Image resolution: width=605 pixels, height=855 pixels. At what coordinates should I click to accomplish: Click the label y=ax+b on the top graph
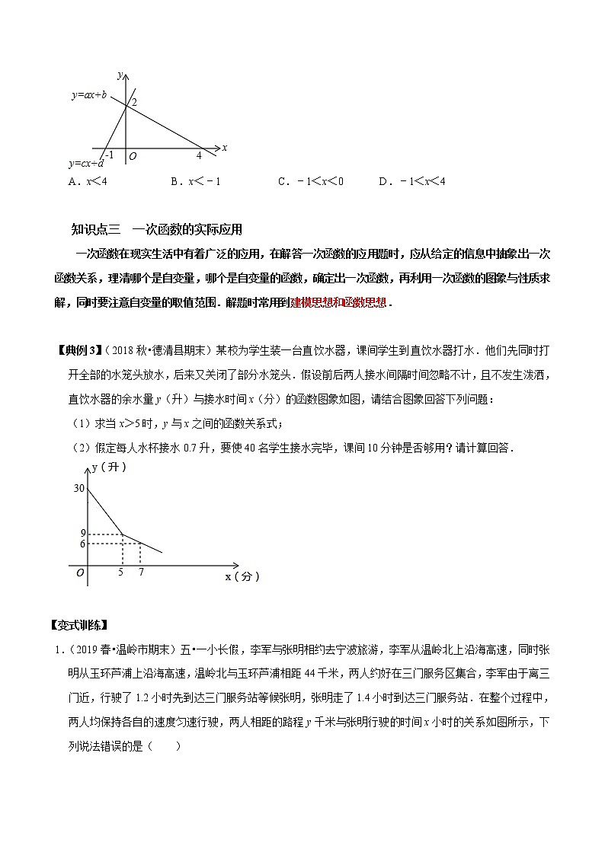(89, 95)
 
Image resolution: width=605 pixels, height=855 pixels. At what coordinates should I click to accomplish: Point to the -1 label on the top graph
(110, 155)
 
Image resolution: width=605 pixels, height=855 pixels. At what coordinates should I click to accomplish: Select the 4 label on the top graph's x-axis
(199, 155)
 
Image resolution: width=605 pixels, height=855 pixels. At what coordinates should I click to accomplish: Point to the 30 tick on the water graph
(78, 488)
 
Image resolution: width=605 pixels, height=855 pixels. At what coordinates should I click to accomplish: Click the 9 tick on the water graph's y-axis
(82, 533)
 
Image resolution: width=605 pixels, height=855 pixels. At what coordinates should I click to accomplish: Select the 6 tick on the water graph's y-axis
(82, 544)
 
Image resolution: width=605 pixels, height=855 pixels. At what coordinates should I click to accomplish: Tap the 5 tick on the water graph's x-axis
(122, 572)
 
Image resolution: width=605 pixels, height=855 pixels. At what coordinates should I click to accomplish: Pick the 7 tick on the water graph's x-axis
(141, 572)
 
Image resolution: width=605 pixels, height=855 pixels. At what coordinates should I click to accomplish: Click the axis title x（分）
(242, 577)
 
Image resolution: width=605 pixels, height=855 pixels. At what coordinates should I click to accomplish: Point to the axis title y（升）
(108, 467)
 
